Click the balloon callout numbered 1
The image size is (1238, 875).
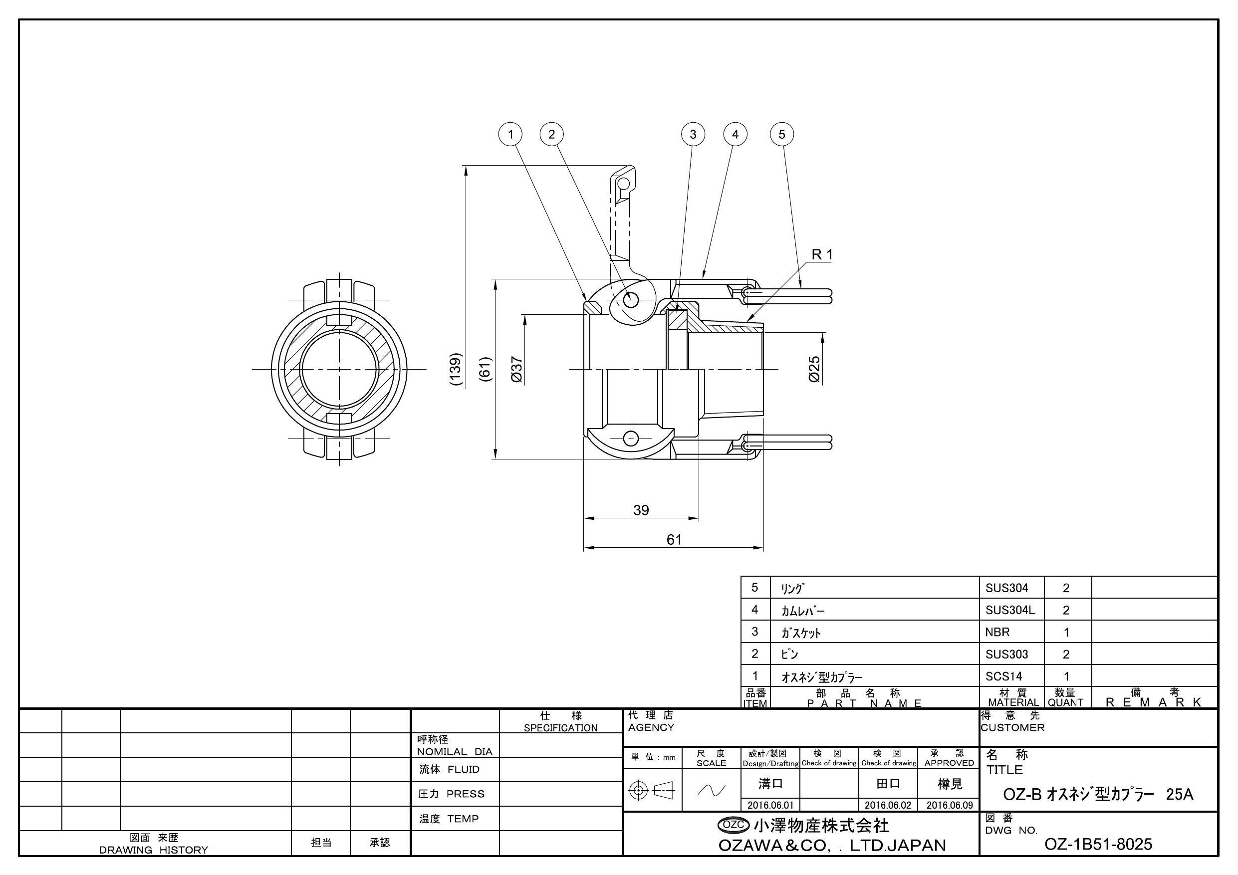point(510,134)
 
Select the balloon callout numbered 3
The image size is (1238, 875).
point(693,134)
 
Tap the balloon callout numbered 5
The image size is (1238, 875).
point(782,134)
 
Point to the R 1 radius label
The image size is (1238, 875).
point(822,254)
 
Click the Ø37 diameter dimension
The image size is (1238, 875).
point(516,369)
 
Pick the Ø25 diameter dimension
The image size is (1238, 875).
point(814,369)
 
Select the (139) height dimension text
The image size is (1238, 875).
point(456,369)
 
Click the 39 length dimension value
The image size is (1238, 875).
point(641,510)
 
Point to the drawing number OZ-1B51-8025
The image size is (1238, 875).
point(1098,844)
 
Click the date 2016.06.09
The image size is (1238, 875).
point(950,806)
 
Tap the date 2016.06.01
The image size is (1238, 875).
point(770,806)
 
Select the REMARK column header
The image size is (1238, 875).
point(1154,702)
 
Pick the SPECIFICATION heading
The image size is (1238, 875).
point(560,728)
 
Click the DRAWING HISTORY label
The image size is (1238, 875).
point(154,850)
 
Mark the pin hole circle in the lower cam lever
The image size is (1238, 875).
point(631,438)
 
